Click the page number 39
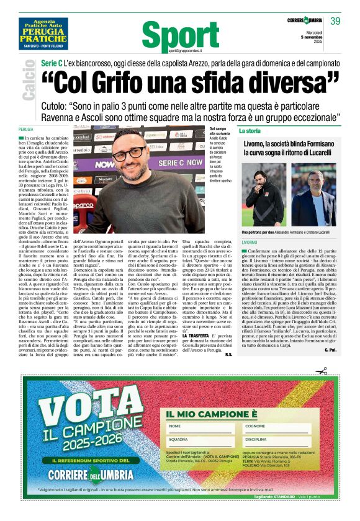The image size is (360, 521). pos(335,22)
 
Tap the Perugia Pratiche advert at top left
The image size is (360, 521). pos(42,34)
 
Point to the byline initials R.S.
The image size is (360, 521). pos(228,354)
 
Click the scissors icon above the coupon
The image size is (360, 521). pos(322,371)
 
